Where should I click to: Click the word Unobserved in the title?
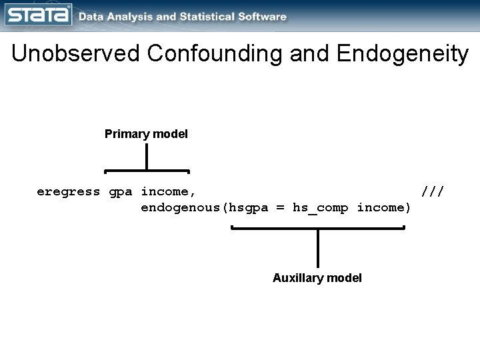(x=75, y=54)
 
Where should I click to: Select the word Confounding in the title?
(x=216, y=54)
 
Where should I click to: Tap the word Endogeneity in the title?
(x=402, y=54)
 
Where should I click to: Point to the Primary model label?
(x=146, y=134)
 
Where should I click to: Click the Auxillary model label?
(x=317, y=278)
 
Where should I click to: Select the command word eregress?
(x=68, y=192)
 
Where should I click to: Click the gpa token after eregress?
(x=120, y=192)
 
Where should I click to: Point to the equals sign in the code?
(x=280, y=207)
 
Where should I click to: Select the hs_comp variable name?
(x=321, y=207)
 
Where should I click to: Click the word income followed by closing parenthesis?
(x=384, y=207)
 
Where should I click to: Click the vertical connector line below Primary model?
(x=146, y=157)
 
